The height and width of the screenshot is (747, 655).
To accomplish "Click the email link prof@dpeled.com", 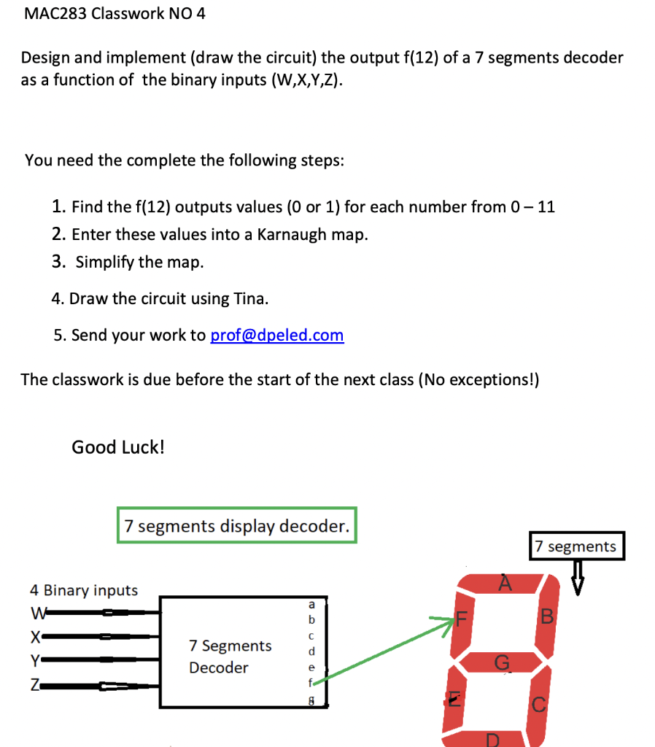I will [x=276, y=335].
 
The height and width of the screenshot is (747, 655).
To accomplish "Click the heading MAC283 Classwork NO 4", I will [x=115, y=14].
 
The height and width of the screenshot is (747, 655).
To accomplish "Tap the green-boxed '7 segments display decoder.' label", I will [x=236, y=526].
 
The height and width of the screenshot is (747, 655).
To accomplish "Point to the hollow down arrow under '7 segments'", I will [x=577, y=578].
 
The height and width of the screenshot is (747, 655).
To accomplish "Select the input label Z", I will [x=34, y=686].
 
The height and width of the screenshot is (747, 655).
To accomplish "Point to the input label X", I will [x=34, y=636].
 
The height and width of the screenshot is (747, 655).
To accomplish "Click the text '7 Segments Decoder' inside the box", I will [x=229, y=657].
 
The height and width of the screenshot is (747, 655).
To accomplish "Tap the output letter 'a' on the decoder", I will [x=311, y=604].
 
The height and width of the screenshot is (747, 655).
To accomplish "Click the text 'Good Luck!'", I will [x=117, y=447].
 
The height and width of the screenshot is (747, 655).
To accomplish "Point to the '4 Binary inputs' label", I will [x=83, y=589].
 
